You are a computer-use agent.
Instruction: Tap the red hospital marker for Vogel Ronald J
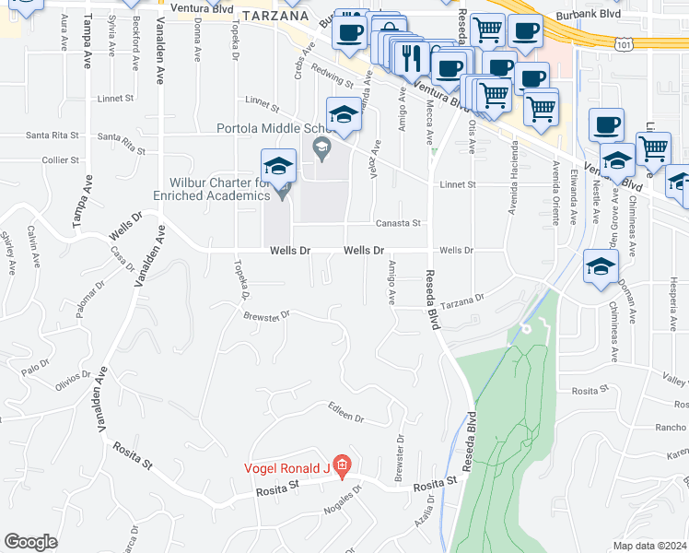pyautogui.click(x=341, y=467)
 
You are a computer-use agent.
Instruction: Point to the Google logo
pyautogui.click(x=30, y=542)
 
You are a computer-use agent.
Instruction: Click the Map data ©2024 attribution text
pyautogui.click(x=650, y=546)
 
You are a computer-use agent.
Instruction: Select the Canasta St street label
pyautogui.click(x=397, y=223)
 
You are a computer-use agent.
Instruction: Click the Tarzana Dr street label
pyautogui.click(x=461, y=300)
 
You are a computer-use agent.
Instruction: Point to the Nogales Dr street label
pyautogui.click(x=340, y=502)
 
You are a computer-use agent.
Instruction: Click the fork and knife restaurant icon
pyautogui.click(x=411, y=58)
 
